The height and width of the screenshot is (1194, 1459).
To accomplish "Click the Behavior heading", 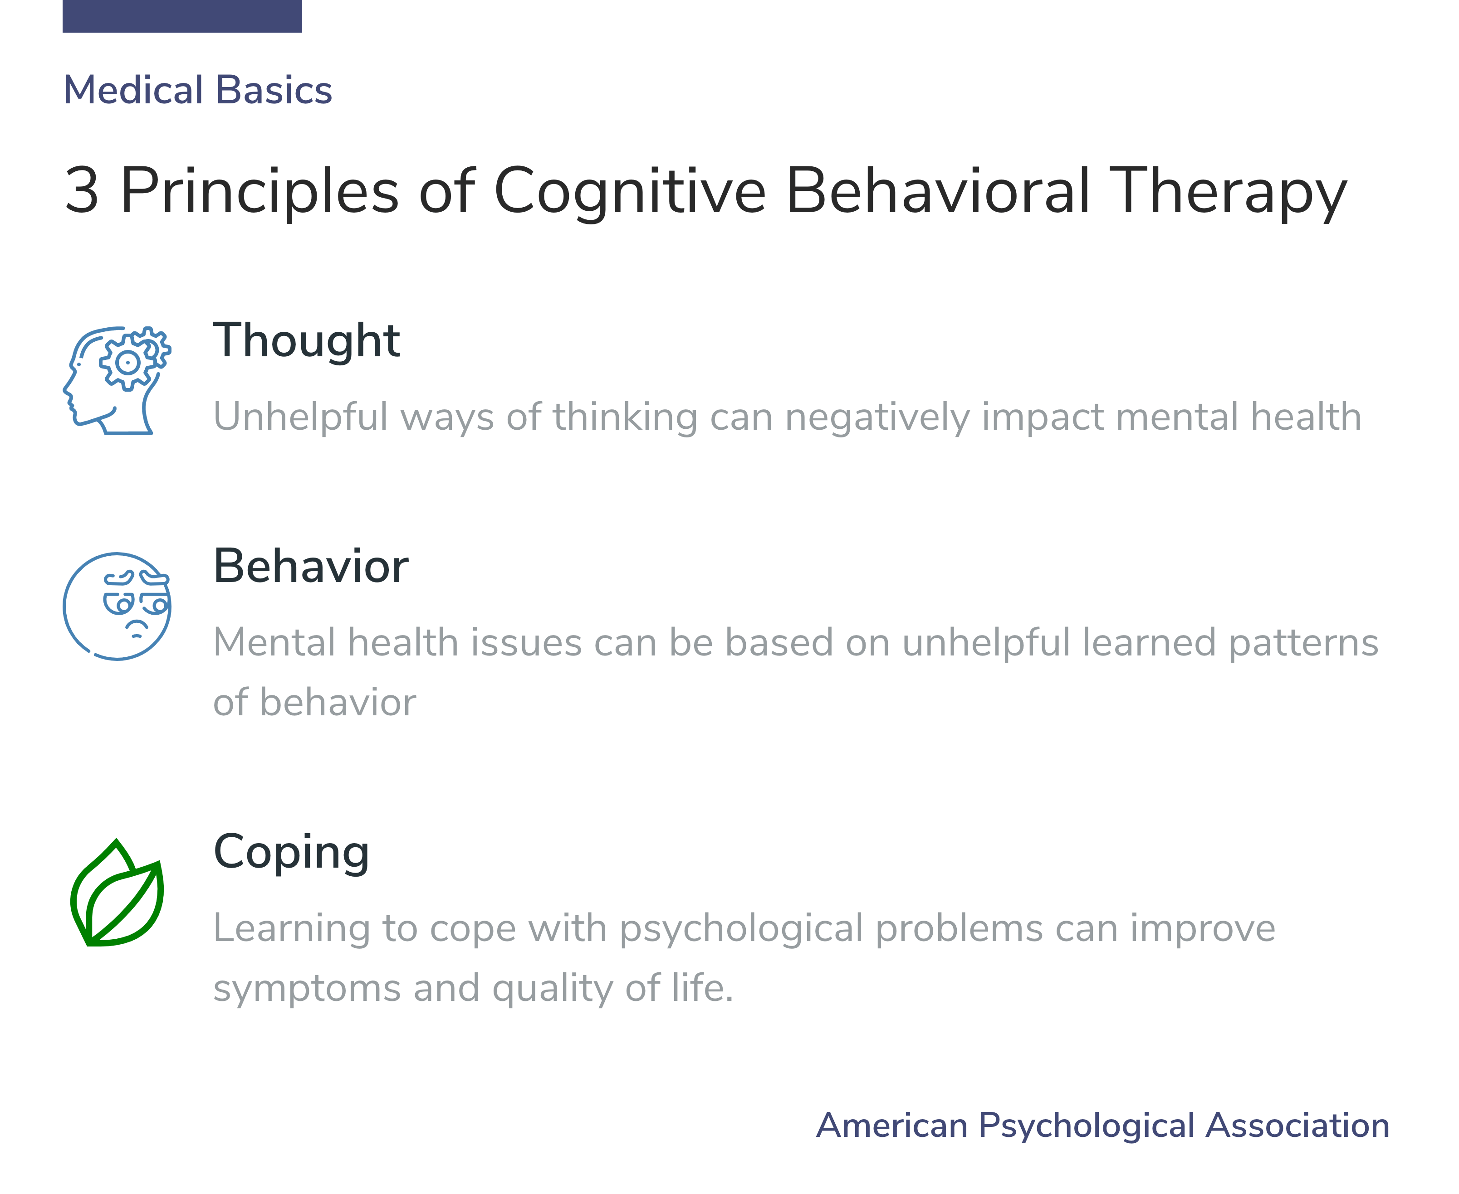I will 311,567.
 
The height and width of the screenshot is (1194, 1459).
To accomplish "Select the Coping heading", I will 291,852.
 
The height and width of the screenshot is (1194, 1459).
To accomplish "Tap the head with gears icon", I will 117,380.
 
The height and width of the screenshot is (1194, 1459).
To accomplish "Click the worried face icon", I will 117,607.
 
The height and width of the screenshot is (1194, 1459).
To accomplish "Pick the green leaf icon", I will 117,893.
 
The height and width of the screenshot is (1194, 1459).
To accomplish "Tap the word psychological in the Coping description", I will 741,929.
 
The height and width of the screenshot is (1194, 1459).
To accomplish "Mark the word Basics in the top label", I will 274,90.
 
